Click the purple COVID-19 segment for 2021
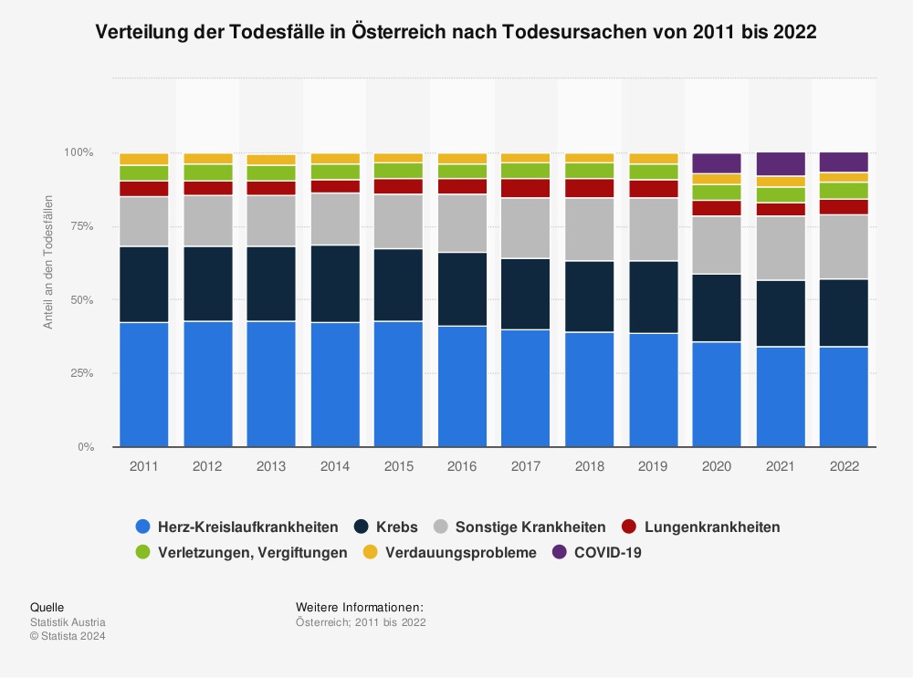[781, 163]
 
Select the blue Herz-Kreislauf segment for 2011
[144, 384]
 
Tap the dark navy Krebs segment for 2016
[462, 288]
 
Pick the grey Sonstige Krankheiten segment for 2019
[653, 229]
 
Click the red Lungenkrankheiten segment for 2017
[526, 188]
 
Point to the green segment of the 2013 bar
[271, 172]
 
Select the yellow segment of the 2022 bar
[844, 177]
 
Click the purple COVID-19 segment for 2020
[717, 163]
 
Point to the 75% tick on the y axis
[82, 226]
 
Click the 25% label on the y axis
[82, 373]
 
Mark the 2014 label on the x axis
[335, 465]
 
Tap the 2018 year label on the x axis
[589, 465]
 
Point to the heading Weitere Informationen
[359, 608]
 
